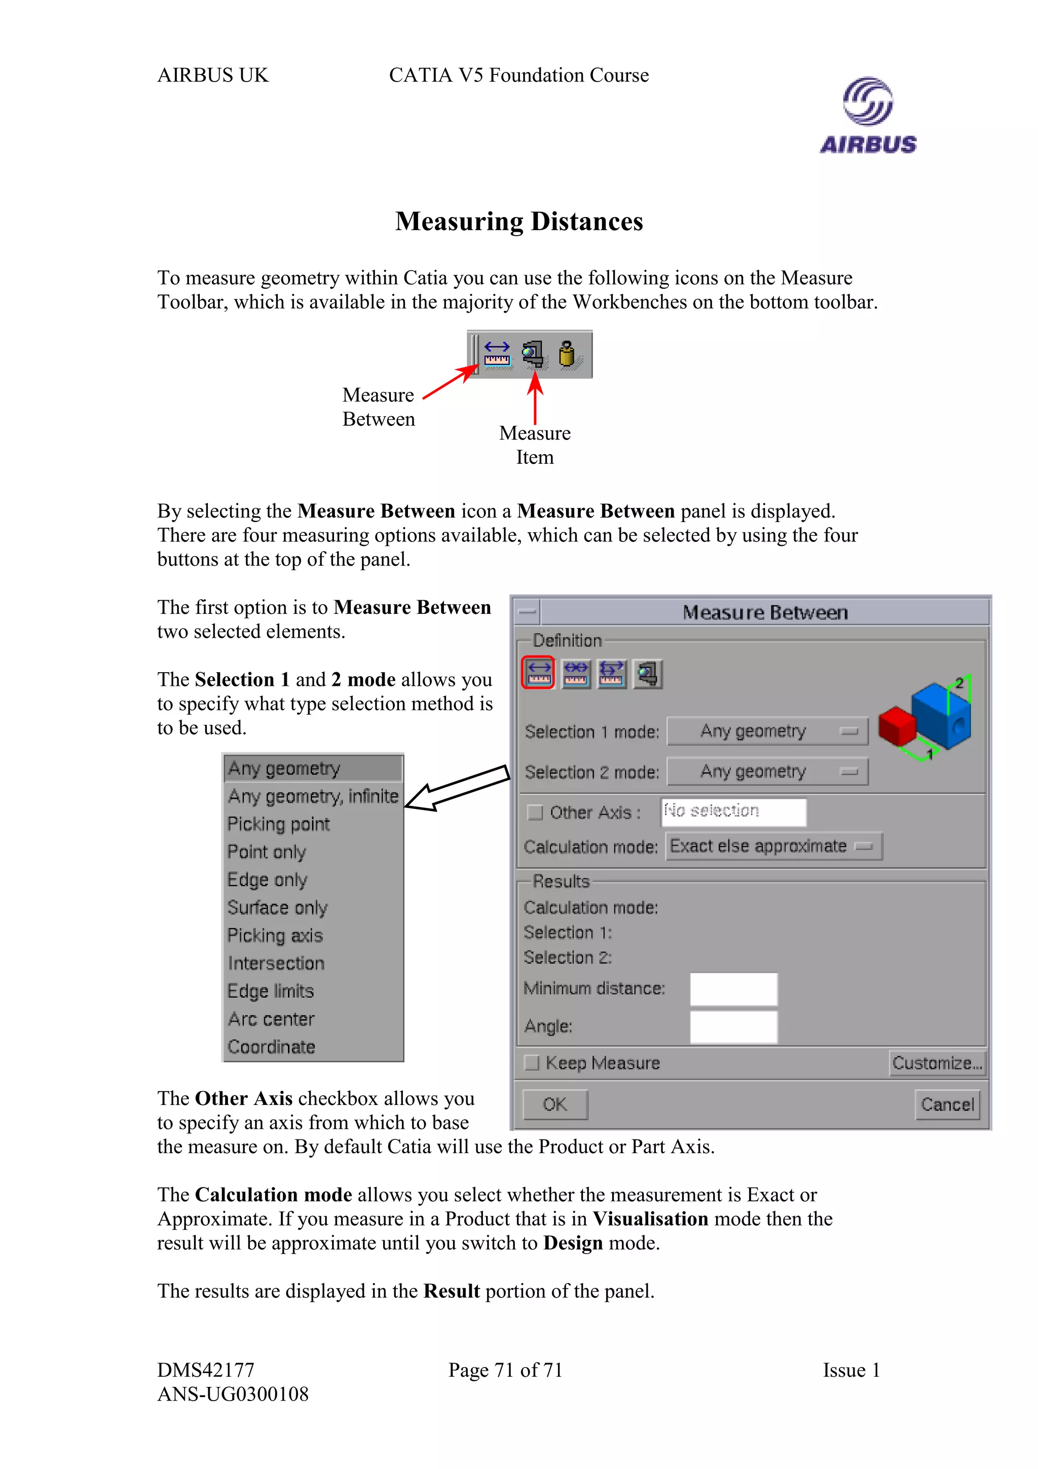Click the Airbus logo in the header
(867, 116)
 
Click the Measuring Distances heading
(518, 222)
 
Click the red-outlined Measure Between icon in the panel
(538, 673)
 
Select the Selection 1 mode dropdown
(767, 731)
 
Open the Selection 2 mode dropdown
(767, 772)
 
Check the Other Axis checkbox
(535, 813)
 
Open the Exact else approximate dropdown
(773, 847)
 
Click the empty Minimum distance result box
(733, 989)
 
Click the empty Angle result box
(733, 1026)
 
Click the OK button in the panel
(554, 1105)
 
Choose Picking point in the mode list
(279, 824)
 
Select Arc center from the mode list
(271, 1019)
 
